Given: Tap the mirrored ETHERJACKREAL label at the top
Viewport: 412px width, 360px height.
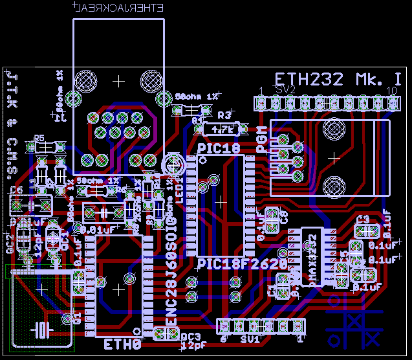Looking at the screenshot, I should (x=118, y=8).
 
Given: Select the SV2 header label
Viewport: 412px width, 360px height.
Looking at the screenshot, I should (x=285, y=89).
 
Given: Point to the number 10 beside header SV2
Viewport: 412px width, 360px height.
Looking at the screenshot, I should (x=391, y=89).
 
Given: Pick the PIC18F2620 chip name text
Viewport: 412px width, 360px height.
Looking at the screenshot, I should (x=242, y=264).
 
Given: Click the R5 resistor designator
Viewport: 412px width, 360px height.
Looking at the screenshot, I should (x=39, y=137).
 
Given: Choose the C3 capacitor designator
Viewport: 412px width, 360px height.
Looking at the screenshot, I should (x=363, y=219).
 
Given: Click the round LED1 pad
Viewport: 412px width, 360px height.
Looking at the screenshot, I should (x=173, y=163).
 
